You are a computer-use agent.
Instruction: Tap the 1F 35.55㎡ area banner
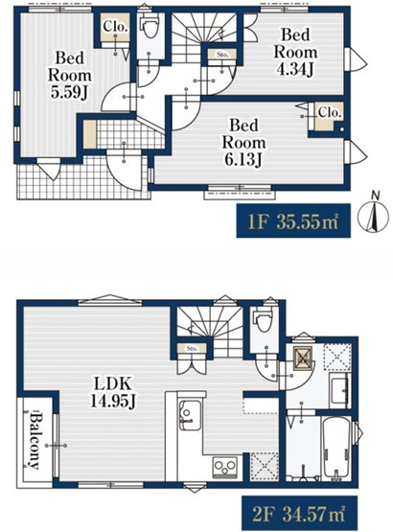pyautogui.click(x=293, y=220)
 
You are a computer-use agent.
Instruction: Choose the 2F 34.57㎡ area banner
pyautogui.click(x=299, y=514)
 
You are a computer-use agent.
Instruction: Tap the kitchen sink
pyautogui.click(x=190, y=415)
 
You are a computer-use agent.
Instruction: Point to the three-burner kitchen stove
pyautogui.click(x=224, y=468)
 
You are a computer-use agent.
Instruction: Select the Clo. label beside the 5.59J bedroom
pyautogui.click(x=115, y=27)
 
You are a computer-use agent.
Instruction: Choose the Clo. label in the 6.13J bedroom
pyautogui.click(x=329, y=113)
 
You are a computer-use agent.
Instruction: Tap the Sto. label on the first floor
pyautogui.click(x=222, y=55)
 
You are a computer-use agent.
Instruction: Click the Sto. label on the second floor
pyautogui.click(x=192, y=348)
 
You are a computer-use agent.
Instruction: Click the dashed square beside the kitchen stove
pyautogui.click(x=265, y=467)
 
